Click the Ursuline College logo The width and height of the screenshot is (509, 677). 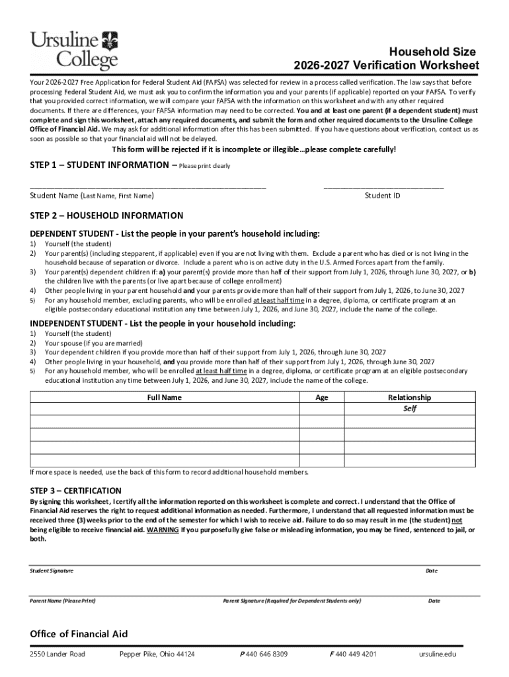pos(74,50)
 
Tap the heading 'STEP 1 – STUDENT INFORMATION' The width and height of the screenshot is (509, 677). pos(102,165)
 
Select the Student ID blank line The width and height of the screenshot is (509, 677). pos(383,188)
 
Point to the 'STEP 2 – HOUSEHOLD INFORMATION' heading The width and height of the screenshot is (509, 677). pos(106,216)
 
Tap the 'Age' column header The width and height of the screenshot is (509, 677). pos(322,397)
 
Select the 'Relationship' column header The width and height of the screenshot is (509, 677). pos(409,397)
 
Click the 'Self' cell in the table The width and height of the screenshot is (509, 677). pos(410,409)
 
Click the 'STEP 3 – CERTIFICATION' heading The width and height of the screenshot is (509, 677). pos(75,491)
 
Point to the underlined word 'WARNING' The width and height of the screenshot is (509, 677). pos(163,530)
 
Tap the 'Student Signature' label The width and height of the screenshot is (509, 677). pos(52,571)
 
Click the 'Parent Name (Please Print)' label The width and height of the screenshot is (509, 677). pos(63,601)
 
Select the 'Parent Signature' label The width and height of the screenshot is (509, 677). pos(292,601)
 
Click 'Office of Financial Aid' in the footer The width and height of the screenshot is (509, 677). pos(79,633)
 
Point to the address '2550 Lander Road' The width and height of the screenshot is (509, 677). pos(58,654)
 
